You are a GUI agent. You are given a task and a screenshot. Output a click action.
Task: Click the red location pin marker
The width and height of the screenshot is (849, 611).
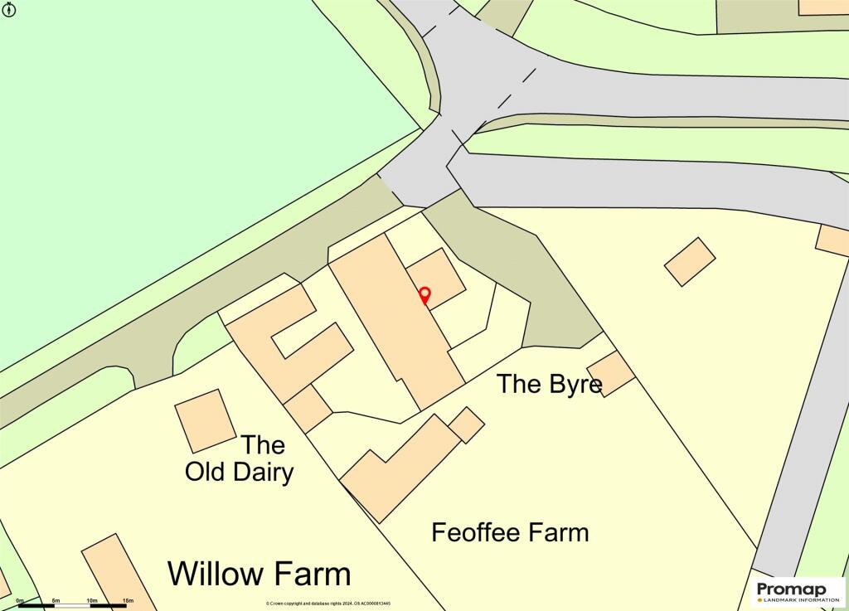click(x=424, y=295)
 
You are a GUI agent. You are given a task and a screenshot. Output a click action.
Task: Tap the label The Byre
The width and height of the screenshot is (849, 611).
click(x=549, y=384)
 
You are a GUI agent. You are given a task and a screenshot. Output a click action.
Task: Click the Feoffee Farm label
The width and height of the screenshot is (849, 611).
click(x=510, y=531)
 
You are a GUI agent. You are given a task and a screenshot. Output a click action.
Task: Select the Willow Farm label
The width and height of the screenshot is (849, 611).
click(x=260, y=573)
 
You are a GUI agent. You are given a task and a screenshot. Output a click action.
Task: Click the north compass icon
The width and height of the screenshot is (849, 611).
click(x=10, y=9)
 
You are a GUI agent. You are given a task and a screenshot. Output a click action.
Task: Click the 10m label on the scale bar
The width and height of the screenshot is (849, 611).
click(x=91, y=600)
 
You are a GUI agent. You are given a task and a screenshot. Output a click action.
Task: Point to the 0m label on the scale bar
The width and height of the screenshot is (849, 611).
click(x=20, y=600)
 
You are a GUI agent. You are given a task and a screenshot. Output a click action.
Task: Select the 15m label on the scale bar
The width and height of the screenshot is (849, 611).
click(x=128, y=600)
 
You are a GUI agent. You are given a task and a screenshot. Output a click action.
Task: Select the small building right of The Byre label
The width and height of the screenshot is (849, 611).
click(x=611, y=372)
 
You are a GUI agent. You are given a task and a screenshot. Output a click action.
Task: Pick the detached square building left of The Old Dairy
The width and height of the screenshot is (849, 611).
click(x=205, y=420)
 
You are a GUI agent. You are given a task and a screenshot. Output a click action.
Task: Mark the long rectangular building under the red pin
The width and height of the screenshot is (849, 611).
click(x=398, y=323)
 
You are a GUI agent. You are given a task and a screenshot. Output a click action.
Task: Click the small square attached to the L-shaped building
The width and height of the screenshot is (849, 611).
click(x=467, y=424)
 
